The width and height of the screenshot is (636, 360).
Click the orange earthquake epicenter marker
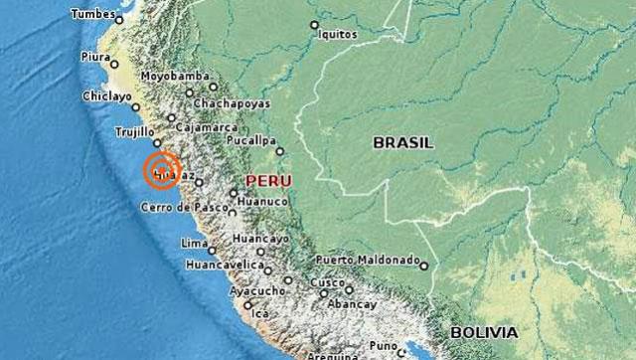click(x=161, y=170)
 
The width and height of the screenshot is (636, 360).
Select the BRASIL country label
click(x=402, y=143)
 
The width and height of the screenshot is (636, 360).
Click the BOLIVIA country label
click(x=483, y=331)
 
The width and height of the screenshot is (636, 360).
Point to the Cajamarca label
click(x=205, y=128)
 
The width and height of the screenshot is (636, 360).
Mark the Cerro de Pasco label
click(x=181, y=208)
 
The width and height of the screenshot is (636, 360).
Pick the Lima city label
click(x=193, y=243)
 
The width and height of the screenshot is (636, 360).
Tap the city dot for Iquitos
click(x=315, y=25)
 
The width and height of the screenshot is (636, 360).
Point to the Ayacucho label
click(x=256, y=291)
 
